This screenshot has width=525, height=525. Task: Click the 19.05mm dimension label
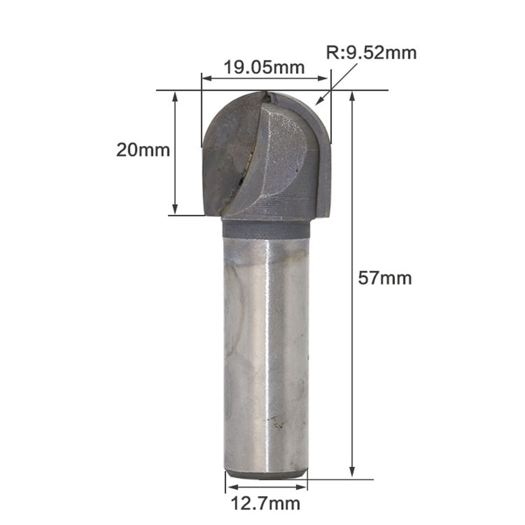click(264, 67)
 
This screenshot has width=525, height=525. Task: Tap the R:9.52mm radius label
click(371, 53)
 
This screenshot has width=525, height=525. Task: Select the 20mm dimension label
click(143, 150)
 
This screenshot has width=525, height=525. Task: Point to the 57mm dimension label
click(385, 278)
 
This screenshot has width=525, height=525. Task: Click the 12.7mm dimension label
click(266, 503)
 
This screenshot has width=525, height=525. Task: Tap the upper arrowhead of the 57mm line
click(352, 95)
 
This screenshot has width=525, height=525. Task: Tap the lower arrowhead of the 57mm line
click(352, 472)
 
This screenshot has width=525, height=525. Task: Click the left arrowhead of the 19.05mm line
click(206, 79)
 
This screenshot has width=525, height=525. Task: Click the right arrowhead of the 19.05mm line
click(325, 79)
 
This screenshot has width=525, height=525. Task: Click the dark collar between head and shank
click(266, 228)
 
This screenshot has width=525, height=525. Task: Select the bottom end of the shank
click(266, 474)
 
